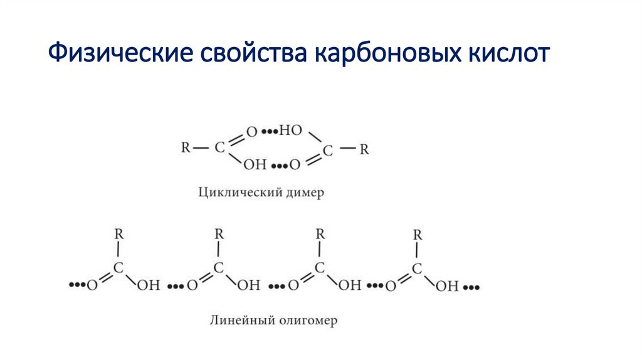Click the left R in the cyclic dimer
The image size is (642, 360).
point(186,149)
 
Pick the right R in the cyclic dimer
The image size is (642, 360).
point(364,149)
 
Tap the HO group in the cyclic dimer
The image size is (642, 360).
point(291,131)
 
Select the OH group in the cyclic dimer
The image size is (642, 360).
point(255,165)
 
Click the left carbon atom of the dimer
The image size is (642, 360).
point(219,149)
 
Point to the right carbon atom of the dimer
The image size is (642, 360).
point(329,149)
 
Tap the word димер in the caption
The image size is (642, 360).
point(302,192)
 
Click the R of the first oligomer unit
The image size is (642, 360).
point(118,235)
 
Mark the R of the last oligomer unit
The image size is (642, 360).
point(418,235)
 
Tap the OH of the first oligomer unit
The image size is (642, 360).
point(149,286)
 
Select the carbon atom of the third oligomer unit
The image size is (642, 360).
point(319,268)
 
